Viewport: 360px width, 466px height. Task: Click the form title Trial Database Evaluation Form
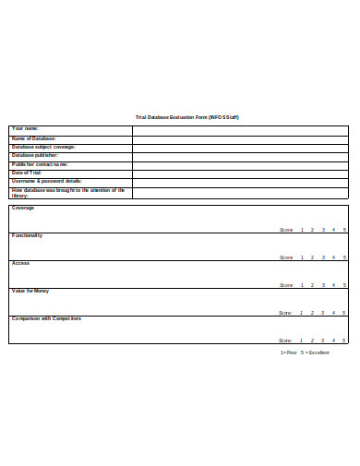coord(187,118)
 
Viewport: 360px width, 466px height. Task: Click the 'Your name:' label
coord(25,128)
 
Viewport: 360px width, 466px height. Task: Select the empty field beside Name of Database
coord(240,138)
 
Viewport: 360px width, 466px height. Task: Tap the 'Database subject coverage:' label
coord(43,147)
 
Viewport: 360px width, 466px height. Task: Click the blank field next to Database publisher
coord(240,155)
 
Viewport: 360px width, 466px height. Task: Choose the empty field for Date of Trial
coord(240,173)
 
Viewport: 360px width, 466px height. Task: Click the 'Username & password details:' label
coord(46,181)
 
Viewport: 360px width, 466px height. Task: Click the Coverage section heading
coord(23,208)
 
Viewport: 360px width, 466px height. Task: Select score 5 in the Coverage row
coord(344,229)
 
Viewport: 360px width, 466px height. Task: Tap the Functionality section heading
coord(27,235)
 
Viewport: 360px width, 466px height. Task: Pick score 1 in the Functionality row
coord(302,257)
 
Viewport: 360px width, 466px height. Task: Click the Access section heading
coord(20,263)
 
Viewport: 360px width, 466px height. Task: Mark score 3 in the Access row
coord(323,285)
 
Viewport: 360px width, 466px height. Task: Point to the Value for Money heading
coord(30,291)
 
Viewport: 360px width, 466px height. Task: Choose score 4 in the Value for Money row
coord(334,313)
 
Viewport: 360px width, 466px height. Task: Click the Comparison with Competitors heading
coord(46,318)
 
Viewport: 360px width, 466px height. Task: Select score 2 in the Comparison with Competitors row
coord(312,341)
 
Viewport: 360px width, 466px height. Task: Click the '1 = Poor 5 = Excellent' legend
coord(304,352)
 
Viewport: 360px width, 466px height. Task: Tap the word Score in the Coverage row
coord(286,229)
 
